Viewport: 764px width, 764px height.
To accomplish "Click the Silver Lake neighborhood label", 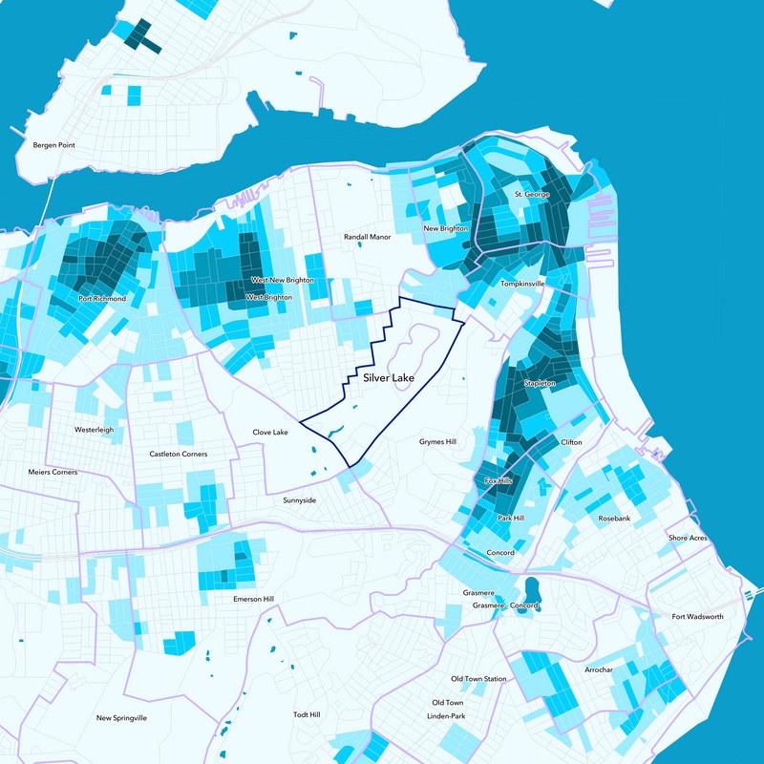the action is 388,379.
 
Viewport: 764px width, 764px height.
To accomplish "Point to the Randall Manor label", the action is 368,236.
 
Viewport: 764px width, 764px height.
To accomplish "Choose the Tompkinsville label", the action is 521,285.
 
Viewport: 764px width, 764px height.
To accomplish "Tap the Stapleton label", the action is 540,383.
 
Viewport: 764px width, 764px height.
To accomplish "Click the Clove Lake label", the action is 269,433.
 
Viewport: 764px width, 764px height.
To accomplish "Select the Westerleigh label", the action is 94,430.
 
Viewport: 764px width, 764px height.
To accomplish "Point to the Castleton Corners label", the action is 179,455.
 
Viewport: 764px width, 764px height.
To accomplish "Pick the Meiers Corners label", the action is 53,472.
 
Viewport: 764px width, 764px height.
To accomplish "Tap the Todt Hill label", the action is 307,714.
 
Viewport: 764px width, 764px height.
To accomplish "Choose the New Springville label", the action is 121,717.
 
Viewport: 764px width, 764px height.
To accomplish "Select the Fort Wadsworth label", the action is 697,617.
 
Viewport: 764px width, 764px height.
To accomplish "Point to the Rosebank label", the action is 614,518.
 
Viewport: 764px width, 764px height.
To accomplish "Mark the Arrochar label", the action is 599,670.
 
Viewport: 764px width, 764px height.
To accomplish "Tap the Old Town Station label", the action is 478,679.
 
